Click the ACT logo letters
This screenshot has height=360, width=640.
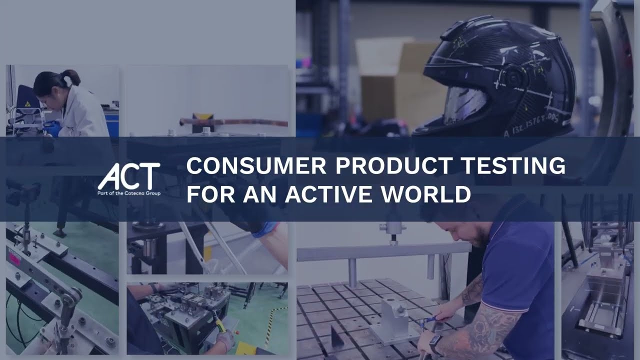pos(128,176)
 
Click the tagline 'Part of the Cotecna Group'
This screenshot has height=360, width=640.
pos(129,193)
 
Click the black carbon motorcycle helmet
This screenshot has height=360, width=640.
pos(500,75)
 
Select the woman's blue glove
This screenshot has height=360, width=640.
pos(52,129)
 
